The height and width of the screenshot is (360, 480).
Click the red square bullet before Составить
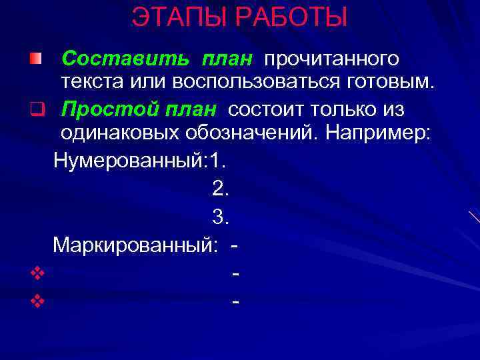tap(35, 59)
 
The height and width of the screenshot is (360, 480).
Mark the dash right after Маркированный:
tap(234, 246)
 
